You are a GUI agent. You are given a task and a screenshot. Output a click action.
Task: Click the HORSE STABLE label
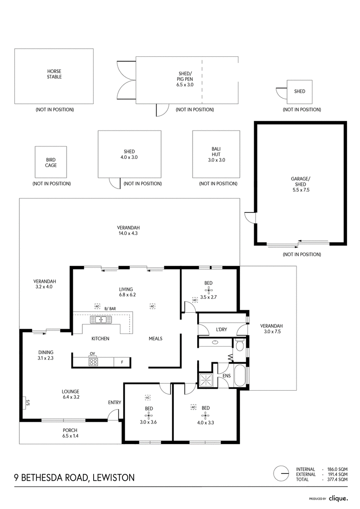coord(54,74)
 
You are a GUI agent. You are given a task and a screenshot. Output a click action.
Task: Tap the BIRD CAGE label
coord(51,162)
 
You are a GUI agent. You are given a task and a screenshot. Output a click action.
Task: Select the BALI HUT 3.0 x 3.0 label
coord(216,154)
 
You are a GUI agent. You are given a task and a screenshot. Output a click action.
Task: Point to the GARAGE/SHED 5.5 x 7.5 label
coord(301,185)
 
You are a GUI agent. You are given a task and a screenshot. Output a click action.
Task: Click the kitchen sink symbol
coord(101,320)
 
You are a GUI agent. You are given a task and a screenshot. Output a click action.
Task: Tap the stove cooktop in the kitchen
coord(93,362)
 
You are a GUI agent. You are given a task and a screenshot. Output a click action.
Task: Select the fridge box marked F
coord(122,362)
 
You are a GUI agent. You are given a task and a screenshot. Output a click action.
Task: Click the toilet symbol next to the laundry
coord(240,346)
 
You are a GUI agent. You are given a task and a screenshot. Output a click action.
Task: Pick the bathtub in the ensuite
coord(241,376)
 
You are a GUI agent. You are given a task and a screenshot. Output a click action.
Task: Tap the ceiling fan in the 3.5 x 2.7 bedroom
coord(209,290)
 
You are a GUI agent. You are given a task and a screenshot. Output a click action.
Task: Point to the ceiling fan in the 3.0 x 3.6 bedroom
coord(148,415)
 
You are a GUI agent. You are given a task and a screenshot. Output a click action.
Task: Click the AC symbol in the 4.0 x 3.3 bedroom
coord(193,407)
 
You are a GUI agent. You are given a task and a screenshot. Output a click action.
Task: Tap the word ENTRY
coord(115,402)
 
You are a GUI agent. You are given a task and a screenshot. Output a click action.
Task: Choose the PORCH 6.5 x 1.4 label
coord(70,433)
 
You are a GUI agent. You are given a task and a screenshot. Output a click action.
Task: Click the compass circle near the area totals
coord(281,474)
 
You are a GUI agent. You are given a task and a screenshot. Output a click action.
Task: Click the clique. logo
coord(338,498)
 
